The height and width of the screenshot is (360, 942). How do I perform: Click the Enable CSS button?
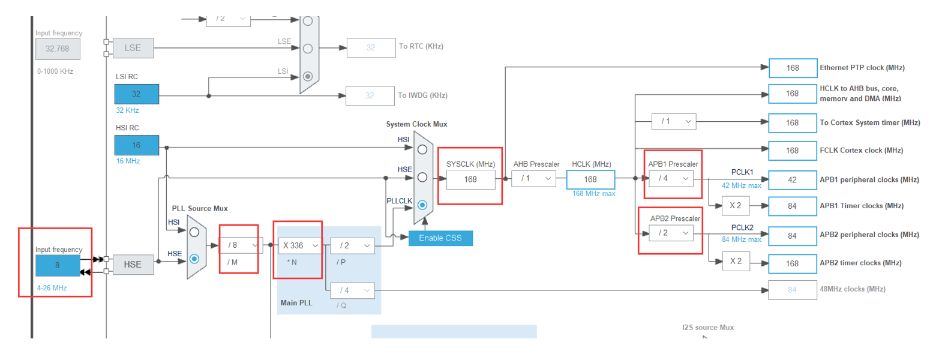coord(440,238)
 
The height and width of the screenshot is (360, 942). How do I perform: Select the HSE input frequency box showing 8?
coord(58,265)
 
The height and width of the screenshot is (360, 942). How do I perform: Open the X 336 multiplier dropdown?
coord(300,245)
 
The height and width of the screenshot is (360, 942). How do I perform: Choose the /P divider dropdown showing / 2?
coord(353,245)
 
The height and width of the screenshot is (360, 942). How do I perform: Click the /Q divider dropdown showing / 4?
coord(353,290)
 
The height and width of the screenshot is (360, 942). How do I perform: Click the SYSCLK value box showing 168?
coord(470,179)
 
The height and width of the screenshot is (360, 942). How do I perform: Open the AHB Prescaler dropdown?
coord(534,179)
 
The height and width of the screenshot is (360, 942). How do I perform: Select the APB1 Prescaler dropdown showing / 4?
coord(671,178)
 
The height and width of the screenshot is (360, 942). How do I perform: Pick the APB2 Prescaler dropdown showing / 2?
coord(671,233)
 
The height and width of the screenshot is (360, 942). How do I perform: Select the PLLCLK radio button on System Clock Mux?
coord(422,205)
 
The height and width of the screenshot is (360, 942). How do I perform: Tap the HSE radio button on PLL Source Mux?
coord(194,259)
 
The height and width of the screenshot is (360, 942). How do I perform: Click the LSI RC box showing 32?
coord(137,94)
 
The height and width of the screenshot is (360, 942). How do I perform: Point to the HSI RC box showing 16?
coord(137,145)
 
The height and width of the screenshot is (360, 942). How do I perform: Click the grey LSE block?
coord(133,48)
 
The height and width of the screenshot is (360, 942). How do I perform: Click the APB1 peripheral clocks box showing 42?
coord(792,180)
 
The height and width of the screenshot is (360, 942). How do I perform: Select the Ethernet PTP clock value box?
coord(793,68)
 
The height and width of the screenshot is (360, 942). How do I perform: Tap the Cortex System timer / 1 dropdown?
coord(674,121)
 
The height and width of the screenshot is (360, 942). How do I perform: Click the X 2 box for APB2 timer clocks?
coord(736,262)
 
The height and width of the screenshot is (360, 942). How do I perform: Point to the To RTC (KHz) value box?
coord(371,47)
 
